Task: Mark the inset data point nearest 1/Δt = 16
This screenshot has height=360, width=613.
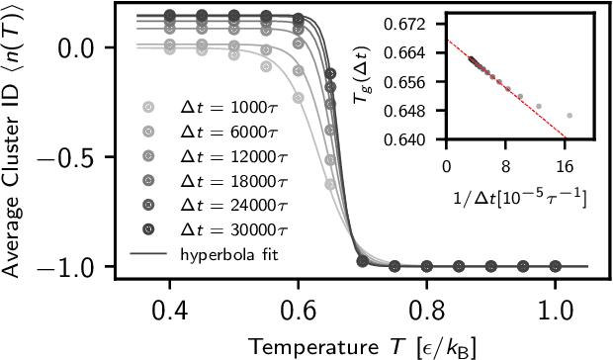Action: (569, 116)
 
